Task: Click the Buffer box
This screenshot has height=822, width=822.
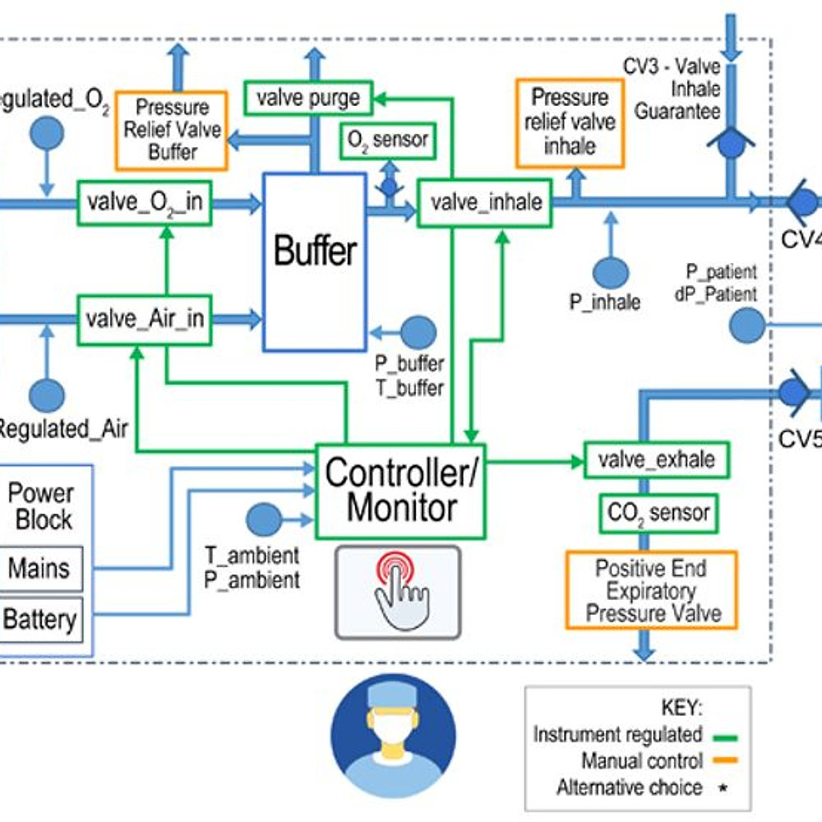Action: point(314,252)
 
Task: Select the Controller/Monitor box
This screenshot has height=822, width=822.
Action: point(400,491)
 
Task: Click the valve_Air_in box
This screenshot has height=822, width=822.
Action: point(143,316)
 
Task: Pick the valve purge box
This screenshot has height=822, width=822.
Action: point(308,98)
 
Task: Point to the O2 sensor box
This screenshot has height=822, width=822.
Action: point(387,141)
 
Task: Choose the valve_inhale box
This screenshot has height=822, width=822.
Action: point(484,202)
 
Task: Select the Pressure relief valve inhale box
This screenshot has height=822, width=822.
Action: point(569,122)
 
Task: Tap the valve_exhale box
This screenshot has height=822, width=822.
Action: point(656,459)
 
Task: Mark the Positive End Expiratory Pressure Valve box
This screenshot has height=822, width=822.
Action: point(649,590)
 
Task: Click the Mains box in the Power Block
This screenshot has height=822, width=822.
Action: point(40,569)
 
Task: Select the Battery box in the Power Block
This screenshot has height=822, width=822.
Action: point(40,619)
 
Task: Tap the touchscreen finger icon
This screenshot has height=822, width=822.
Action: point(397,591)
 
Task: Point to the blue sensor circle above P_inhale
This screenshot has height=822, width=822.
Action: point(611,272)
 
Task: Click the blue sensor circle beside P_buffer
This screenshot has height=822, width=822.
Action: point(420,331)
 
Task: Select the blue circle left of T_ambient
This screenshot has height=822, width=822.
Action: point(263,520)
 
